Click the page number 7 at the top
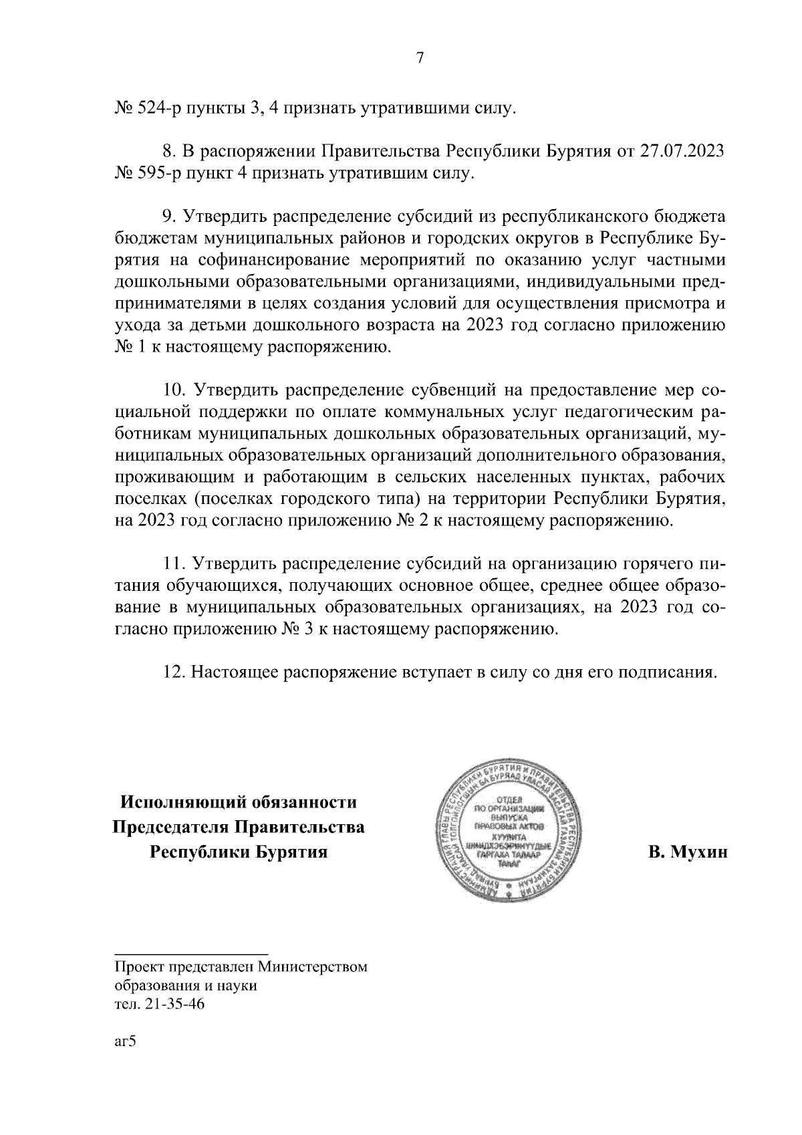pyautogui.click(x=420, y=58)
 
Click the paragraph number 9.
pyautogui.click(x=168, y=217)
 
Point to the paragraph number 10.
pyautogui.click(x=172, y=391)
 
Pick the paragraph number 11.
pyautogui.click(x=172, y=565)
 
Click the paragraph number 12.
pyautogui.click(x=172, y=672)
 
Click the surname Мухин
pyautogui.click(x=686, y=854)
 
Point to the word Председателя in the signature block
pyautogui.click(x=168, y=828)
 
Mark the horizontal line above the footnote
pyautogui.click(x=191, y=953)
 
